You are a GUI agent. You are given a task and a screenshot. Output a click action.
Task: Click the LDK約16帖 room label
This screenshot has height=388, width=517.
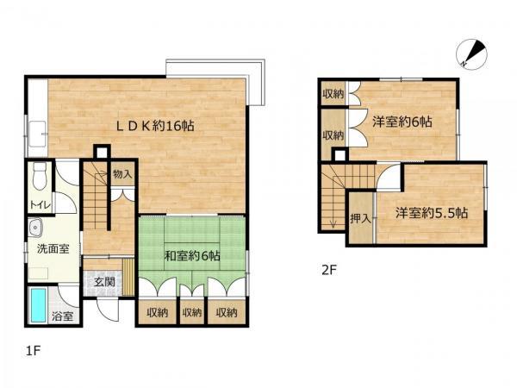(x=155, y=126)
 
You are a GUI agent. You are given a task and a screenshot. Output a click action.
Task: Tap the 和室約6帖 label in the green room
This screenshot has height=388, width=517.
(x=192, y=256)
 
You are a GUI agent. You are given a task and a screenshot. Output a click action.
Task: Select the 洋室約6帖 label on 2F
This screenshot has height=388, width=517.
(x=402, y=122)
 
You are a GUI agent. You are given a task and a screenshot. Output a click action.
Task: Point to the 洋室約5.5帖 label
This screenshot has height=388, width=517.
(x=432, y=213)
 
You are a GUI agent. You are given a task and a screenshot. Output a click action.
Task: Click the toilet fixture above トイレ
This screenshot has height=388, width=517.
(x=40, y=176)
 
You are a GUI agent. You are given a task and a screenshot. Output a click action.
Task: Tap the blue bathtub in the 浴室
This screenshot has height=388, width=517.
(x=38, y=305)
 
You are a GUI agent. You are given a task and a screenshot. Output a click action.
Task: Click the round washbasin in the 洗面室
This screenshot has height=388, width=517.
(x=35, y=228)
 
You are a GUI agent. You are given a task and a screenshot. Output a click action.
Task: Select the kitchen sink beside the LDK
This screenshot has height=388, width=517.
(x=38, y=134)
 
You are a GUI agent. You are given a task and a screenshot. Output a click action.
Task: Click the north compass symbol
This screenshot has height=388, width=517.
(x=471, y=54)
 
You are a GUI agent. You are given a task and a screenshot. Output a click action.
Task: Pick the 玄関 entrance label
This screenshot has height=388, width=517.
(x=104, y=282)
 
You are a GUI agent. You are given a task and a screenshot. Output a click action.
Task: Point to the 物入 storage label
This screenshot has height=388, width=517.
(x=122, y=174)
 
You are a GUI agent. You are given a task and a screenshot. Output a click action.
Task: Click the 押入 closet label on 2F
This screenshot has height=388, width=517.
(x=360, y=218)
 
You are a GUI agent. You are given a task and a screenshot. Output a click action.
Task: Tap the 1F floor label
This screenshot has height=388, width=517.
(x=33, y=350)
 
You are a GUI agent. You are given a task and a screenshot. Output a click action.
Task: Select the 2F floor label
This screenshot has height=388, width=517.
(x=329, y=271)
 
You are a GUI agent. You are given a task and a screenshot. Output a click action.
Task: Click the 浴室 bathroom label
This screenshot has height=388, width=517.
(x=62, y=316)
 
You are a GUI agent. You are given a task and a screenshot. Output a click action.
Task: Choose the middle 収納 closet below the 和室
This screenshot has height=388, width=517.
(x=192, y=312)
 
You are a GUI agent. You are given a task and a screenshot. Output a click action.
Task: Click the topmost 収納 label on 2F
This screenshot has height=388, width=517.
(x=333, y=94)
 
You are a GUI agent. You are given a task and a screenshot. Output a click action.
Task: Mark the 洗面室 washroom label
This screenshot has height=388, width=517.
(x=53, y=248)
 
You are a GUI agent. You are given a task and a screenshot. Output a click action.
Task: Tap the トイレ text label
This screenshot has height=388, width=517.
(x=40, y=205)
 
